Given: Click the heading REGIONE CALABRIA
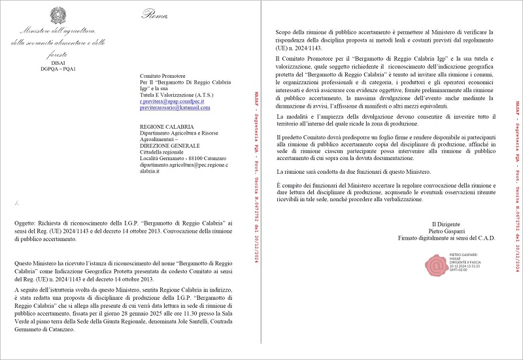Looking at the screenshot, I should coord(165,125).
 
